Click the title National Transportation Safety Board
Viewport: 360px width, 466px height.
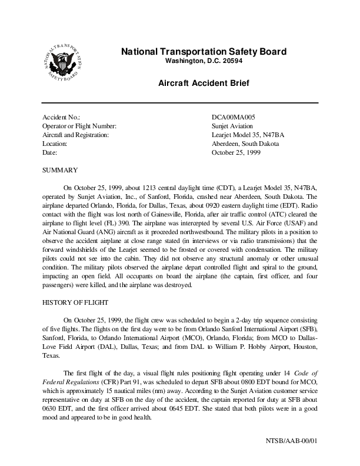[204, 52]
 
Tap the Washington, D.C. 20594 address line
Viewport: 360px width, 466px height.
[204, 61]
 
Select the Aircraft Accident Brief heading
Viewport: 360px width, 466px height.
[204, 84]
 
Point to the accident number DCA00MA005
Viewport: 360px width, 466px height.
[234, 118]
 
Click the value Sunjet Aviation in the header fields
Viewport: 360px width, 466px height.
[232, 126]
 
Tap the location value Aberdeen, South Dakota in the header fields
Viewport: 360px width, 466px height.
[245, 144]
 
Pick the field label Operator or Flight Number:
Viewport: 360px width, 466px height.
[80, 126]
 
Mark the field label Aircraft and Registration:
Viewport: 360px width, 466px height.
[76, 135]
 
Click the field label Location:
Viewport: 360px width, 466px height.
[55, 144]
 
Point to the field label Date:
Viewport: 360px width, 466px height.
[51, 152]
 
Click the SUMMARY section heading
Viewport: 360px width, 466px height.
[61, 170]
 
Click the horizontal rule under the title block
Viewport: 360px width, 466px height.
[180, 103]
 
